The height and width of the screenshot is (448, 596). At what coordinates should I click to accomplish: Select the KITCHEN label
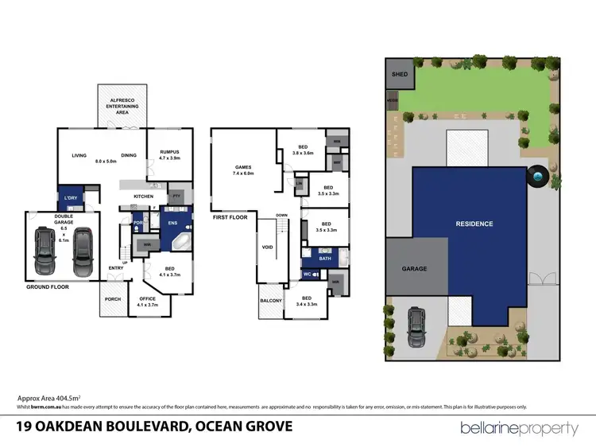pyautogui.click(x=143, y=196)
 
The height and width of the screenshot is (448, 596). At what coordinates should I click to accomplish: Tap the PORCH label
pyautogui.click(x=111, y=301)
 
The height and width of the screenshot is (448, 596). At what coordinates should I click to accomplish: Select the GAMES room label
pyautogui.click(x=242, y=169)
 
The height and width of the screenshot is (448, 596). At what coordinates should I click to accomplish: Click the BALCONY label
pyautogui.click(x=271, y=302)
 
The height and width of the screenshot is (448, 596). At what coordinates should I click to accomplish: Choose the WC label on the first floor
pyautogui.click(x=307, y=275)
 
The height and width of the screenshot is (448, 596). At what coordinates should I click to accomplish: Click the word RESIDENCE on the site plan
pyautogui.click(x=474, y=224)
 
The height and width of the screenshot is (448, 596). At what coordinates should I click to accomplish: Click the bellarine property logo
pyautogui.click(x=520, y=428)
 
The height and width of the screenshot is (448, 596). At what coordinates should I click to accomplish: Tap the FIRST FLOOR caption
pyautogui.click(x=230, y=217)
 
